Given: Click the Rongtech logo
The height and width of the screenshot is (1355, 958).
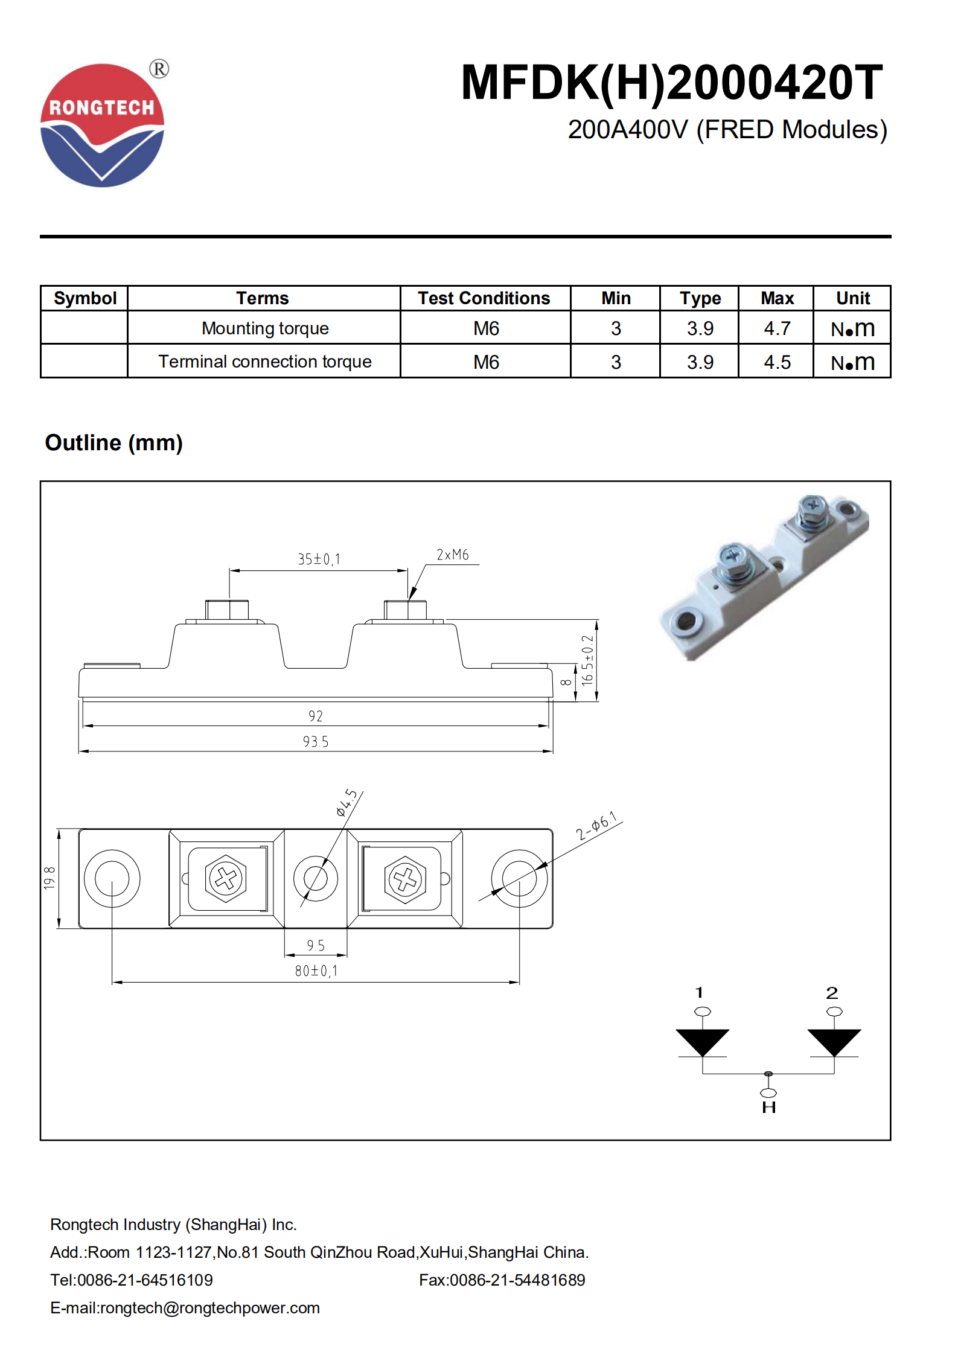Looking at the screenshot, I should coord(102,126).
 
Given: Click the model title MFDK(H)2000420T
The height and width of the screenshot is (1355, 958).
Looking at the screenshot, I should coord(671,83).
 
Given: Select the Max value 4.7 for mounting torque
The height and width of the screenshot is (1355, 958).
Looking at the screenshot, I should coord(776,328).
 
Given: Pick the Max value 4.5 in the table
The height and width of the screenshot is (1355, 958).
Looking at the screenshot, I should coord(776,362).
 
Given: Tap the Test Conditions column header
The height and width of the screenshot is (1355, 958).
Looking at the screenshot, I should coord(484,298).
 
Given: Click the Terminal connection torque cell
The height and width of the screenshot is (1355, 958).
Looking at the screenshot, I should coord(264,362).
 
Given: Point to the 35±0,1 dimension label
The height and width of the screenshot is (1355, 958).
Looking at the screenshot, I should coord(319,559).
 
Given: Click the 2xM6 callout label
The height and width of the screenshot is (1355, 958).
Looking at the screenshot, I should coord(453,555).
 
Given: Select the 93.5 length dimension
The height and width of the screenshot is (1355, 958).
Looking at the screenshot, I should coord(316,742).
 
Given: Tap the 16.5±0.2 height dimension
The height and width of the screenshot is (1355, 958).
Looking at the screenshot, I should coord(587,660).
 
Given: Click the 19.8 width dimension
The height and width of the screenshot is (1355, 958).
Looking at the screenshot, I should coord(49,878).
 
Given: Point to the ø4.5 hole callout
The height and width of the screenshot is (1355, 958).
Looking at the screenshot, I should coord(346,803).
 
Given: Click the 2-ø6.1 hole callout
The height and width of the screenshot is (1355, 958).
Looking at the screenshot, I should coord(597,826).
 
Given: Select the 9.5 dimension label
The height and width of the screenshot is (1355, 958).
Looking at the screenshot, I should coord(316,945).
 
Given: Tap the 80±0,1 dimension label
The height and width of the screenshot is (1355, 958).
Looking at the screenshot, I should coord(316,971).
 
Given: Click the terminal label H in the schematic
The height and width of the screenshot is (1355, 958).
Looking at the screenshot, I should coord(768,1108).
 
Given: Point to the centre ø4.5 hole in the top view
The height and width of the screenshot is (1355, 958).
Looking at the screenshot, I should coord(316,878).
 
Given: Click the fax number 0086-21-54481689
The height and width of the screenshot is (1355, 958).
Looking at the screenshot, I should coord(517,1280).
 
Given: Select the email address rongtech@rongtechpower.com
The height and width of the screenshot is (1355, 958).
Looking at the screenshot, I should coord(209,1307).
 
